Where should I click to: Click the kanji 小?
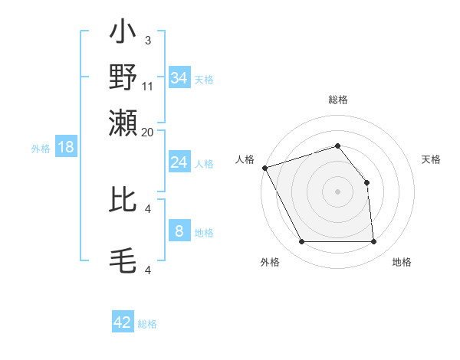click(123, 35)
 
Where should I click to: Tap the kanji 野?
click(123, 77)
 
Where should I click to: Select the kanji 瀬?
click(123, 120)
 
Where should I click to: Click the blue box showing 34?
click(179, 78)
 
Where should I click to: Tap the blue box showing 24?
click(179, 162)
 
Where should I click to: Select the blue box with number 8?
click(179, 231)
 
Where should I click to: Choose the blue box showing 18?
click(66, 147)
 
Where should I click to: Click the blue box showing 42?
click(123, 322)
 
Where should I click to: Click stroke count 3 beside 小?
click(147, 40)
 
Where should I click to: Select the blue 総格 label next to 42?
click(147, 324)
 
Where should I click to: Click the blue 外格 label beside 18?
click(40, 149)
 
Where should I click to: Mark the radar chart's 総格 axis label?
click(338, 100)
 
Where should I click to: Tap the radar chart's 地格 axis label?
click(402, 262)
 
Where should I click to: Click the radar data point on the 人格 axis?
click(264, 168)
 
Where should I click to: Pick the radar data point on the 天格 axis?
click(366, 182)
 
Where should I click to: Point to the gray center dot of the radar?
click(338, 191)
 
